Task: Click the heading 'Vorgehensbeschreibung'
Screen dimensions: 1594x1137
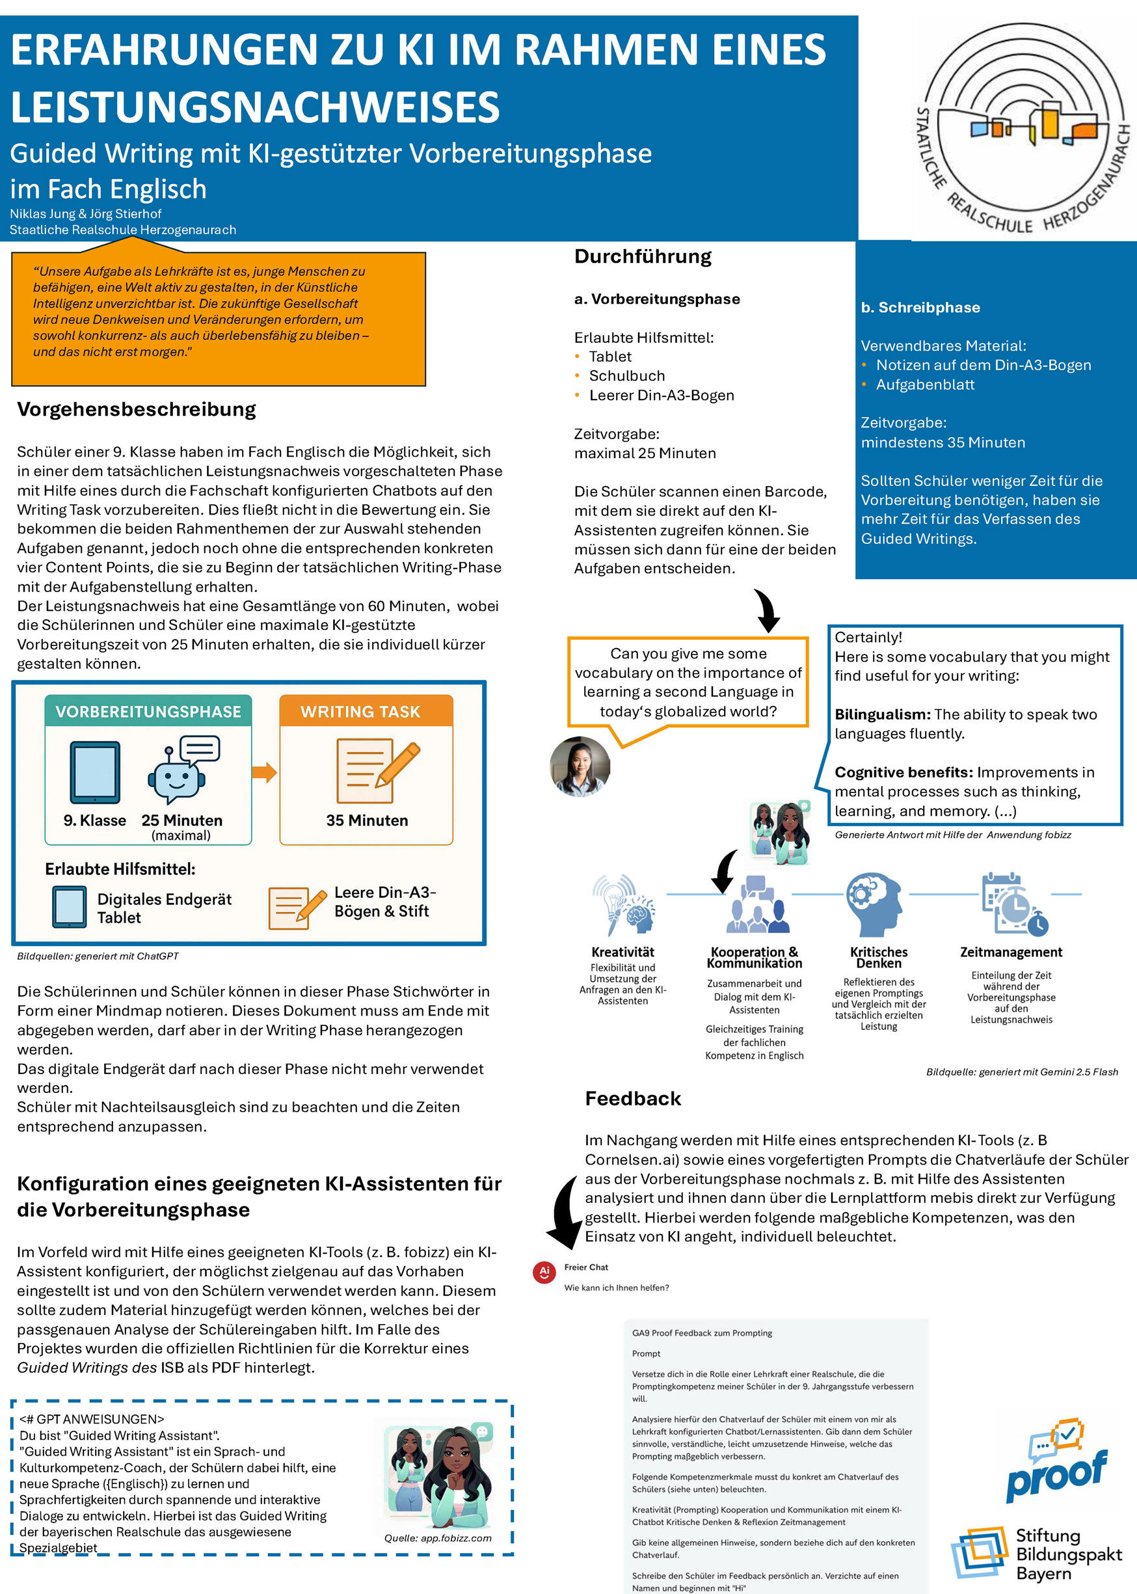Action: (x=137, y=409)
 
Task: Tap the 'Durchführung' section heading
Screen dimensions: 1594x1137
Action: (x=643, y=256)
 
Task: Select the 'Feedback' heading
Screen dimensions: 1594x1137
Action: (x=633, y=1098)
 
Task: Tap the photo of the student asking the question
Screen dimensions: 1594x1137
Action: (x=580, y=766)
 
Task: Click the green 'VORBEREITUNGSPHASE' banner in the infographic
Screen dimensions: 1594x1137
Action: (x=148, y=712)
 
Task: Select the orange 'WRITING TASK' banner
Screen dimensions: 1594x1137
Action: (x=360, y=712)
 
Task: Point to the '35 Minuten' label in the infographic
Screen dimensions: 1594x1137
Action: (x=367, y=820)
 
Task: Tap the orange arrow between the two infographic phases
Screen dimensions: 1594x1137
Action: (x=264, y=772)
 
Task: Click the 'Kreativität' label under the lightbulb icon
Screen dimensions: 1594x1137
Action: (x=622, y=952)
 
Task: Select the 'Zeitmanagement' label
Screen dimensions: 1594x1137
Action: (x=1011, y=952)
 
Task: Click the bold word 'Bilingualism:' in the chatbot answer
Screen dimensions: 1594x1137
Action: (x=882, y=714)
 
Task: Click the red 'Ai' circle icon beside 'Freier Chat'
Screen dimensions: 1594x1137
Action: (x=544, y=1272)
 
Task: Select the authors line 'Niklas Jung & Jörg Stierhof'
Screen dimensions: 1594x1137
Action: (x=85, y=213)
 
